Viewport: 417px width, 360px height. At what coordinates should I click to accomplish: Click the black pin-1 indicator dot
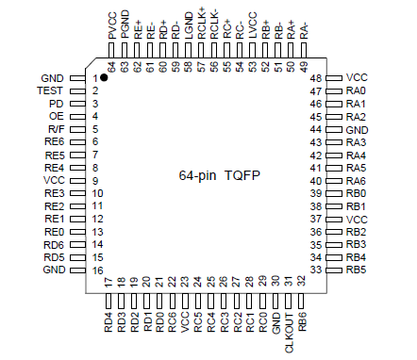pos(106,79)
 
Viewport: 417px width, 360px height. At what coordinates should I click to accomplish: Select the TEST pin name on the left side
pos(52,90)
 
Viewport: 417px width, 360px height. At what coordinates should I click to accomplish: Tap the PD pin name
pos(57,103)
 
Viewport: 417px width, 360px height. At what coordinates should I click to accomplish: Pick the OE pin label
pos(57,115)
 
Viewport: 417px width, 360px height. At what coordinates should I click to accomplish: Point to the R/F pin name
pos(56,128)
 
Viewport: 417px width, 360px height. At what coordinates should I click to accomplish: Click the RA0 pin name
pos(356,90)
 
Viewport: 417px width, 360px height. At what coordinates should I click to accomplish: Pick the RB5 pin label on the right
pos(356,270)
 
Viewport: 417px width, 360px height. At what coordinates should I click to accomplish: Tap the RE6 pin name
pos(54,141)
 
